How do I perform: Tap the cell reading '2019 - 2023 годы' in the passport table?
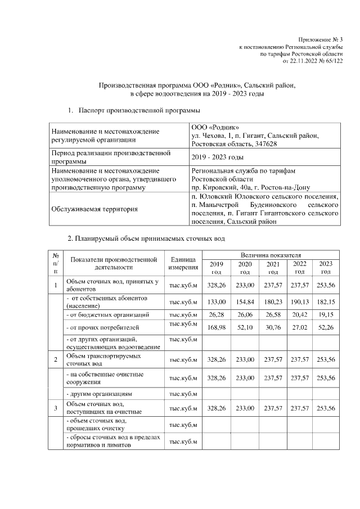pyautogui.click(x=217, y=157)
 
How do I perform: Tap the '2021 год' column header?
pyautogui.click(x=273, y=267)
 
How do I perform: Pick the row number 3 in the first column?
pyautogui.click(x=56, y=408)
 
